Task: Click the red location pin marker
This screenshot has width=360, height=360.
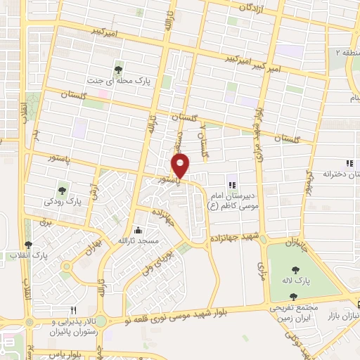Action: pyautogui.click(x=181, y=165)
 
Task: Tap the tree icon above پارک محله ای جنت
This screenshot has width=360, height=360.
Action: pyautogui.click(x=119, y=69)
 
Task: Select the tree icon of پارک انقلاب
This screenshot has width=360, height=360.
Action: pyautogui.click(x=28, y=245)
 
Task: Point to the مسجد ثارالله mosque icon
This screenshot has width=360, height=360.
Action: pyautogui.click(x=138, y=231)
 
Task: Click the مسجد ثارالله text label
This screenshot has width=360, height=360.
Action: pyautogui.click(x=139, y=241)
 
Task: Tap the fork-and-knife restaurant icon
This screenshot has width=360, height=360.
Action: pyautogui.click(x=72, y=309)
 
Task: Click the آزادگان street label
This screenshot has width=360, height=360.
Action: pyautogui.click(x=254, y=8)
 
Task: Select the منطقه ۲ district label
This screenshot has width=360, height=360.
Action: pyautogui.click(x=347, y=53)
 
